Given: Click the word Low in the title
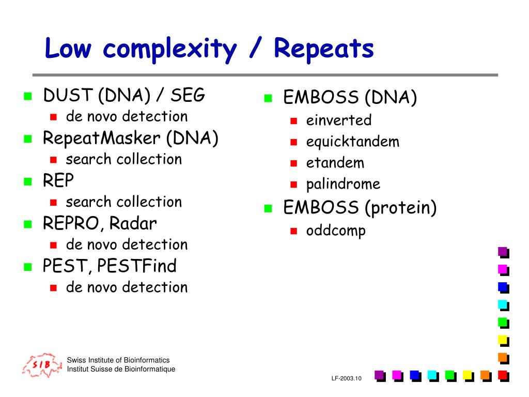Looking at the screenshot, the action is [68, 48].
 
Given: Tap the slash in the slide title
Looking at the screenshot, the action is [256, 47].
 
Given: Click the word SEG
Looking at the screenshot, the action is [188, 95].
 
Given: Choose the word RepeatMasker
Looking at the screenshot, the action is [101, 139].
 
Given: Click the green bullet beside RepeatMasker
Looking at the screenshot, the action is [28, 139].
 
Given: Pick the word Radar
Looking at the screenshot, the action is [133, 223].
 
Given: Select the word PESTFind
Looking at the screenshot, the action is [136, 266].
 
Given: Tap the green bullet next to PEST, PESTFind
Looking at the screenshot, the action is [28, 267].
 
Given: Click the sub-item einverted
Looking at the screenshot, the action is [339, 120].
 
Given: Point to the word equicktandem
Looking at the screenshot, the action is [352, 142].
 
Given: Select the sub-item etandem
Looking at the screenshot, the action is [335, 163].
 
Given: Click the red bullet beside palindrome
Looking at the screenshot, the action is [294, 185].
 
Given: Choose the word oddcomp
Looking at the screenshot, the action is [336, 231].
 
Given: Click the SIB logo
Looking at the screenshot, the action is [42, 365].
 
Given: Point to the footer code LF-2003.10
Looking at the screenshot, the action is [346, 378].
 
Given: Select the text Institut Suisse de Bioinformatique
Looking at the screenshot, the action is [121, 369].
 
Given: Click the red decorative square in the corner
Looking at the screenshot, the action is [503, 376].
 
